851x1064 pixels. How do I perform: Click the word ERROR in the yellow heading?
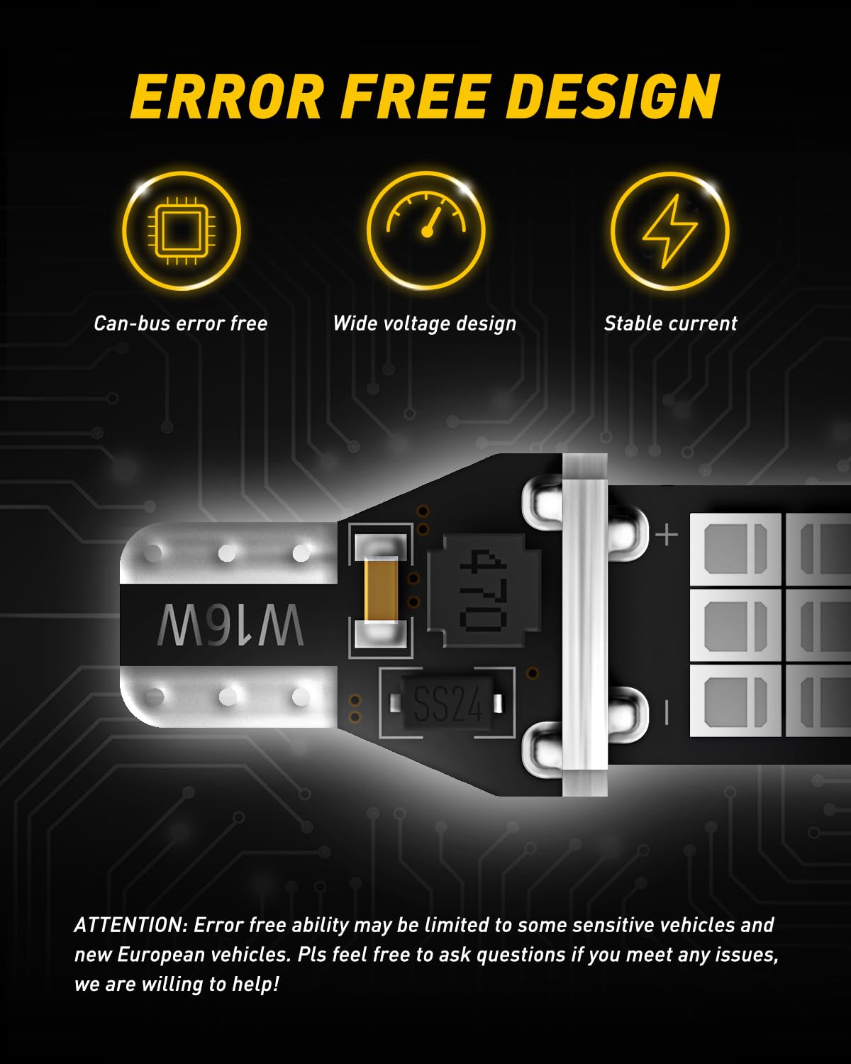(x=228, y=96)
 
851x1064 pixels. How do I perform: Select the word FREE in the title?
(x=414, y=96)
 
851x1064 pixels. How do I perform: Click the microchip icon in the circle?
(x=182, y=231)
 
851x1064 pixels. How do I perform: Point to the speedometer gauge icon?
(x=426, y=215)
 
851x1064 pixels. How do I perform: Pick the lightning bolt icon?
(x=670, y=231)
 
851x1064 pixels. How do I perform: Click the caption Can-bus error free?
(x=181, y=323)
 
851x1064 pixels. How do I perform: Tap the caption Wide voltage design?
(x=425, y=324)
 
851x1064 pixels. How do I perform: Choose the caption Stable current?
(x=670, y=323)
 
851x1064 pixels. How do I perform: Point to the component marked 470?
(x=483, y=591)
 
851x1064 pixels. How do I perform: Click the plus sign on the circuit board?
(x=667, y=535)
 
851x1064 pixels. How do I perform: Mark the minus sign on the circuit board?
(x=667, y=714)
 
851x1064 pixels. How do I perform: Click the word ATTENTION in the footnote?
(x=130, y=925)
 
